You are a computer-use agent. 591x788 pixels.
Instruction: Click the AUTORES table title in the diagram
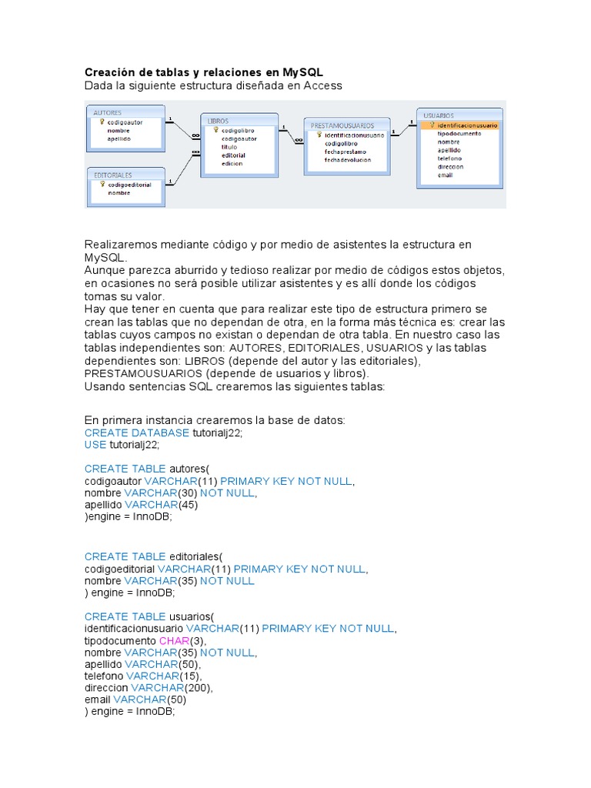pyautogui.click(x=108, y=112)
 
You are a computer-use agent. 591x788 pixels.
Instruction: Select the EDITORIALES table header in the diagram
pyautogui.click(x=113, y=175)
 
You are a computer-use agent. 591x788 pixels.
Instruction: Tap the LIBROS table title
pyautogui.click(x=219, y=121)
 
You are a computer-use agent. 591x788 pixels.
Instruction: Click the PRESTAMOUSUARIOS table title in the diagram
pyautogui.click(x=342, y=125)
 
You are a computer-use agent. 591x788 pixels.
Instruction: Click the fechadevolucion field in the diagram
pyautogui.click(x=348, y=160)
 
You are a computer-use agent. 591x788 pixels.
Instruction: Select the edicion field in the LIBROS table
pyautogui.click(x=232, y=163)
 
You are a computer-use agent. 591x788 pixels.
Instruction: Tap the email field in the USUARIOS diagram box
pyautogui.click(x=445, y=175)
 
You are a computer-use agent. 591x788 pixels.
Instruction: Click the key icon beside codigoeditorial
pyautogui.click(x=102, y=185)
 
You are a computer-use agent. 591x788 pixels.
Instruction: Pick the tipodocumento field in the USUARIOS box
pyautogui.click(x=459, y=133)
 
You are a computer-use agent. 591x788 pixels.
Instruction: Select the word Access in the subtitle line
pyautogui.click(x=322, y=85)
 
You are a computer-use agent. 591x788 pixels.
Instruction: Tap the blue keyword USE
pyautogui.click(x=96, y=445)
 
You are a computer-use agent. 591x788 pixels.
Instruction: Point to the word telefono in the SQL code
pyautogui.click(x=104, y=676)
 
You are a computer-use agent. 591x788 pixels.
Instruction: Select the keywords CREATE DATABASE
pyautogui.click(x=137, y=432)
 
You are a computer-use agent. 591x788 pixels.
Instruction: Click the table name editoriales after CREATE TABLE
pyautogui.click(x=195, y=556)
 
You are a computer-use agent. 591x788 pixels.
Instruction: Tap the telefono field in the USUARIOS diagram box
pyautogui.click(x=450, y=158)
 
